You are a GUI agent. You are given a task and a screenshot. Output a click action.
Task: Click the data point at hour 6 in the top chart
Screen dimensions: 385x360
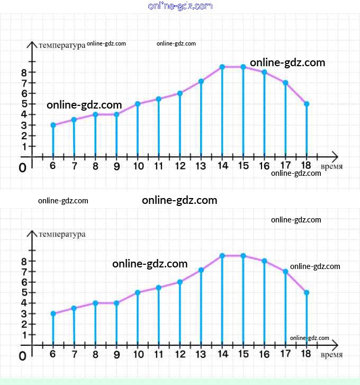coord(53,125)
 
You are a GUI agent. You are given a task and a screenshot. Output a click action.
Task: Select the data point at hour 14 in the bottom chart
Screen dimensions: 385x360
coord(222,256)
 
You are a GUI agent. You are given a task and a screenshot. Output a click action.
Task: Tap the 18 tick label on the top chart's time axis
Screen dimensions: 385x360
coord(305,166)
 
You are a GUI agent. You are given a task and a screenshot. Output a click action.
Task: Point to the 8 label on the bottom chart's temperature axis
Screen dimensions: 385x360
coord(24,261)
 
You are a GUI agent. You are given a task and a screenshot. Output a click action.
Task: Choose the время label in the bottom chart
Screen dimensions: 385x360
coord(331,355)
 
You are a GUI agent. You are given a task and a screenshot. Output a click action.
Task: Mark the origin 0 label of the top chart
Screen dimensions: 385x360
coord(22,167)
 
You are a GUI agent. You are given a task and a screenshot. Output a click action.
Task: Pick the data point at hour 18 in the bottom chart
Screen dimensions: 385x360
coord(307,292)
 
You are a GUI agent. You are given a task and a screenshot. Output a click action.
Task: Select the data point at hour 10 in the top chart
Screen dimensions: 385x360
coord(138,104)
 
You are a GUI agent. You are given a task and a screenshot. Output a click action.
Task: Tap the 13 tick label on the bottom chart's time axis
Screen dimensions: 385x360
coord(201,354)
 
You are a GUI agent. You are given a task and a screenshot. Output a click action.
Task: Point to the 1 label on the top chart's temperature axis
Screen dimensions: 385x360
coord(24,146)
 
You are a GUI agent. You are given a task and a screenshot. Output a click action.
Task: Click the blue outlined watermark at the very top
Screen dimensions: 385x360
coord(181,6)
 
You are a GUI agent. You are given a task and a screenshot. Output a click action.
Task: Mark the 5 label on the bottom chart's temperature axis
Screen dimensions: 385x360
coord(24,292)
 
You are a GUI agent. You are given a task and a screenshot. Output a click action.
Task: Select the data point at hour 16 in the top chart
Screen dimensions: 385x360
coord(264,72)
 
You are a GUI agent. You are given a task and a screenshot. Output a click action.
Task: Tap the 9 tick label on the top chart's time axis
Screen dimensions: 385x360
coord(116,166)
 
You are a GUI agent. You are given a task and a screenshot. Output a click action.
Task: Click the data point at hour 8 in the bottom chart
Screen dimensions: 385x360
coord(95,303)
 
